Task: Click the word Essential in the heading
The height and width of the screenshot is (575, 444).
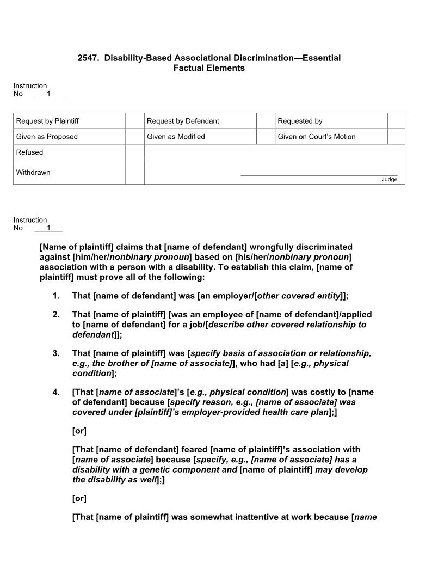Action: (321, 58)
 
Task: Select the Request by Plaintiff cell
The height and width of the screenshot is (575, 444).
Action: (47, 121)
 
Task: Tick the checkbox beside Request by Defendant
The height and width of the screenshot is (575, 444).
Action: (265, 121)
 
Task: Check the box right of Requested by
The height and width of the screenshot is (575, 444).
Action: (396, 121)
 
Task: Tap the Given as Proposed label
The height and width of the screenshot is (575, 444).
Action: (47, 137)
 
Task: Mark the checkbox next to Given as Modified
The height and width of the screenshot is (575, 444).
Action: (265, 137)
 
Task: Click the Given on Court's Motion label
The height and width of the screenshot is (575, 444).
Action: (316, 137)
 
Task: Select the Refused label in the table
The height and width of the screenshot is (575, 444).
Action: (29, 152)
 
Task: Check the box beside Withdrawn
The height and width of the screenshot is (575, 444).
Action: (134, 172)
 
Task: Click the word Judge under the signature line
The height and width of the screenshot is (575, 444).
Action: (389, 180)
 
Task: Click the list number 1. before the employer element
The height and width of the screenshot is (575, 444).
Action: (56, 296)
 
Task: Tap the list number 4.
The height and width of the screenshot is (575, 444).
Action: (56, 392)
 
